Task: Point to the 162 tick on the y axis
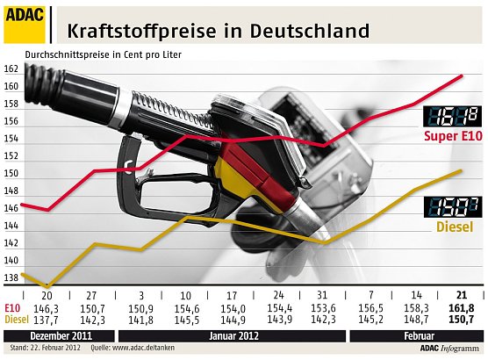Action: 11,69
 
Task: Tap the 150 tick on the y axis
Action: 11,173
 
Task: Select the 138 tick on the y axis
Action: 11,277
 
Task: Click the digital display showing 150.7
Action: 451,207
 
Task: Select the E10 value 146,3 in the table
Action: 46,309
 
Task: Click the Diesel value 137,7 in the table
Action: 46,320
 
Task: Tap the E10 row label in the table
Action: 11,309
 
